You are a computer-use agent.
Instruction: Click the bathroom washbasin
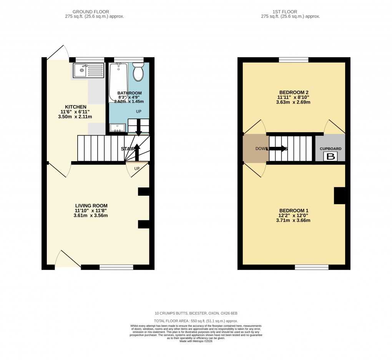pyautogui.click(x=117, y=128)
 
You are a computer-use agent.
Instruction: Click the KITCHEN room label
pyautogui.click(x=76, y=107)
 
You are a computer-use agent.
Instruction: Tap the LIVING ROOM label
pyautogui.click(x=91, y=205)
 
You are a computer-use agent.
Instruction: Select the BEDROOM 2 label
pyautogui.click(x=294, y=92)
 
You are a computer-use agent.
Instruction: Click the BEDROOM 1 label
pyautogui.click(x=294, y=210)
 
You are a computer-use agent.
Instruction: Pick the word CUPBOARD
pyautogui.click(x=331, y=148)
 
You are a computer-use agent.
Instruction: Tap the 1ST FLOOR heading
pyautogui.click(x=284, y=12)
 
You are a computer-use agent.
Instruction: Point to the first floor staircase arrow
pyautogui.click(x=277, y=148)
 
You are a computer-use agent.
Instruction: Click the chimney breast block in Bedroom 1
pyautogui.click(x=339, y=195)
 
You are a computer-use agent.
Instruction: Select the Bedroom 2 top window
pyautogui.click(x=294, y=60)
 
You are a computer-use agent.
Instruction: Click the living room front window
pyautogui.click(x=116, y=267)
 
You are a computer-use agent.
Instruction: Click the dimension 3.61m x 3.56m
pyautogui.click(x=90, y=215)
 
